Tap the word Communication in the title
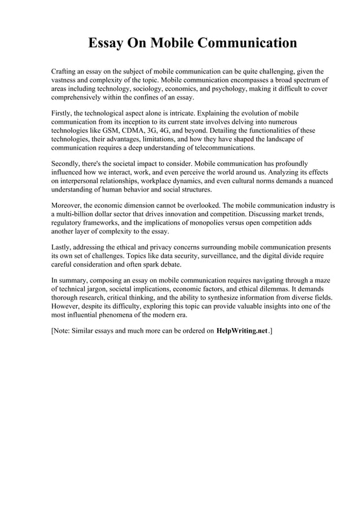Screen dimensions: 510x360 point(242,43)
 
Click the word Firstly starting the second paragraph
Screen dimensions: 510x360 point(63,112)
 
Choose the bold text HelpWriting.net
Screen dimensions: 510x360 point(242,331)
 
